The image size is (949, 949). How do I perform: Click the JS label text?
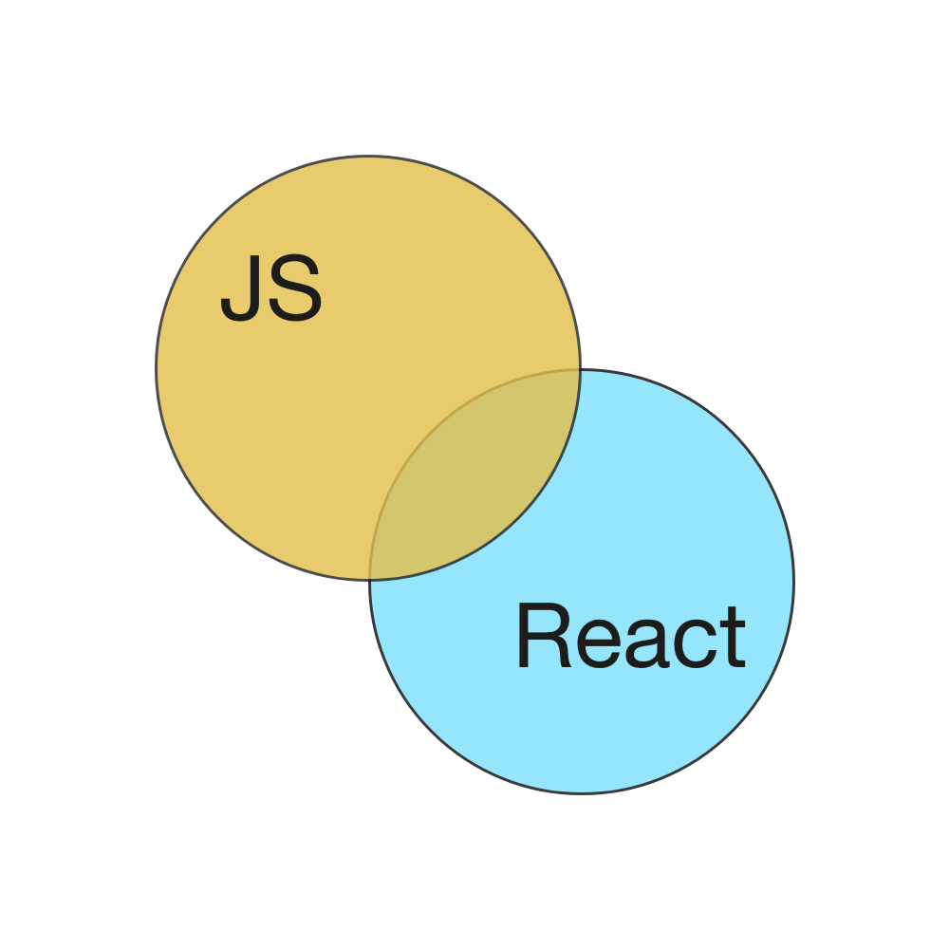[271, 290]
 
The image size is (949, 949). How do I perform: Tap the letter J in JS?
[240, 290]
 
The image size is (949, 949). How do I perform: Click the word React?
[630, 638]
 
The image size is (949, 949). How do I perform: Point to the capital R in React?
[540, 638]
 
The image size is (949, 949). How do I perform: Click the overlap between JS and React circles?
[474, 474]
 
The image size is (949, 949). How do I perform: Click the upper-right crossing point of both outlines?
[579, 370]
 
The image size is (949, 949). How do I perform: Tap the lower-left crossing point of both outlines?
[370, 579]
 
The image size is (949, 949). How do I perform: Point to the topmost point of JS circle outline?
[368, 157]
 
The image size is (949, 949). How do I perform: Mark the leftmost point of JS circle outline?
[157, 368]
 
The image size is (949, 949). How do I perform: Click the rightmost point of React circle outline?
[793, 581]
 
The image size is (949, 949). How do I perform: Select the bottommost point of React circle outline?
[582, 792]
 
